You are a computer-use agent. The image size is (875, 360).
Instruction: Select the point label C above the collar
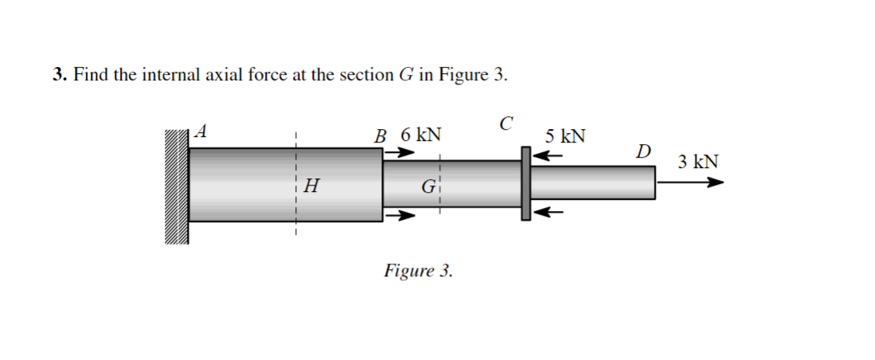tap(506, 124)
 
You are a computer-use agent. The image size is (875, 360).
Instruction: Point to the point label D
tap(643, 151)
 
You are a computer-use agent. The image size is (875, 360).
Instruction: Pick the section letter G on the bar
tap(428, 189)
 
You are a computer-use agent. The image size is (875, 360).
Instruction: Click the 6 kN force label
tap(421, 135)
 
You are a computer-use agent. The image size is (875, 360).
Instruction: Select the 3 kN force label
tap(698, 162)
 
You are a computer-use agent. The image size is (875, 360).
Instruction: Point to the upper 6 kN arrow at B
tap(399, 155)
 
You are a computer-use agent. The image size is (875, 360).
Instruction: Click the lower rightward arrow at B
tap(399, 214)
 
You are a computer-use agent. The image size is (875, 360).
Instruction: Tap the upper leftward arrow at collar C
tap(548, 155)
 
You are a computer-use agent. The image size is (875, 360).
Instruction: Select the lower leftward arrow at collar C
tap(548, 212)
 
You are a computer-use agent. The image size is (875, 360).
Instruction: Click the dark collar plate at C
tap(525, 183)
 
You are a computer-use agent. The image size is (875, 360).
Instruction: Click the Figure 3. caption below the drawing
tap(418, 271)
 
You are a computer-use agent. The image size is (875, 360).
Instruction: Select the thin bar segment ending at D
tap(592, 183)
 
